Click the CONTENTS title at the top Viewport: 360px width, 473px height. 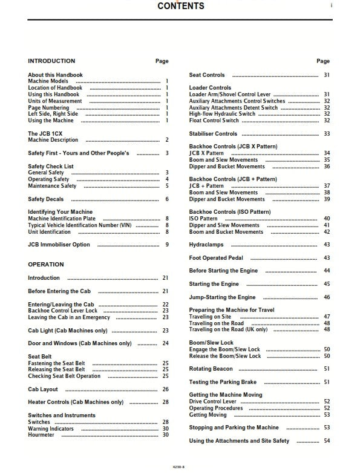180,7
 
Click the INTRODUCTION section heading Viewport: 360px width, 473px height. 51,61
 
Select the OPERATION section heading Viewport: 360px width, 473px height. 47,265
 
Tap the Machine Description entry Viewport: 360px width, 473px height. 53,140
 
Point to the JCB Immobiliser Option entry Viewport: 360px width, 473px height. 59,245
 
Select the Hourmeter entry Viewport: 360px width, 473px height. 42,435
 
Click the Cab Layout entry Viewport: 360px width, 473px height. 43,389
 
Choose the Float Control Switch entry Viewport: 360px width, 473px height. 214,120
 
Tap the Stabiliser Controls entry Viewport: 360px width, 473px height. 213,133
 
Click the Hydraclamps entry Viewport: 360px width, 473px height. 206,245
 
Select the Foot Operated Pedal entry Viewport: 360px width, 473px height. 216,258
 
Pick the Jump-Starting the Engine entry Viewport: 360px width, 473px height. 222,297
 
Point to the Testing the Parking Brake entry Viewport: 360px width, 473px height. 223,382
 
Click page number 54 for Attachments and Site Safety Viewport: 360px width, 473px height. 327,441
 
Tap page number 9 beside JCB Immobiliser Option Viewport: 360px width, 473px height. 167,245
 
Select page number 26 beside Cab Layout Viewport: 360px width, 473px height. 165,389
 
